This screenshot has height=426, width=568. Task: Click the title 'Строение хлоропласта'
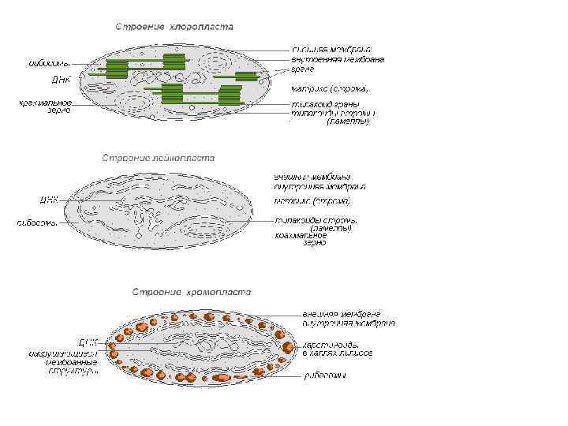(x=174, y=27)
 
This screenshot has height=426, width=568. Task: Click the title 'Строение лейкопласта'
(x=158, y=158)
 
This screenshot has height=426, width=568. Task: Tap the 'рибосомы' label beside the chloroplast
(x=49, y=62)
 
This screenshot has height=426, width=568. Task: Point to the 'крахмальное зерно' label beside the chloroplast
(x=45, y=106)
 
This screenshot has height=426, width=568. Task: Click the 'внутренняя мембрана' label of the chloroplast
(x=338, y=60)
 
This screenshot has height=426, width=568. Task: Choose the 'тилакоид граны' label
(x=325, y=104)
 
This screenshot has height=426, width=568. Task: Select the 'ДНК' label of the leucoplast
(x=49, y=200)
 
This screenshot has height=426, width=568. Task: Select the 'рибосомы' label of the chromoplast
(x=325, y=376)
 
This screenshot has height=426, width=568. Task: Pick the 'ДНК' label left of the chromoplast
(x=88, y=342)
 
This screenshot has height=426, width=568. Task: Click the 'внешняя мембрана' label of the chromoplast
(x=342, y=313)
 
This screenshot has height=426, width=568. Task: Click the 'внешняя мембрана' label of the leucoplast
(x=312, y=176)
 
